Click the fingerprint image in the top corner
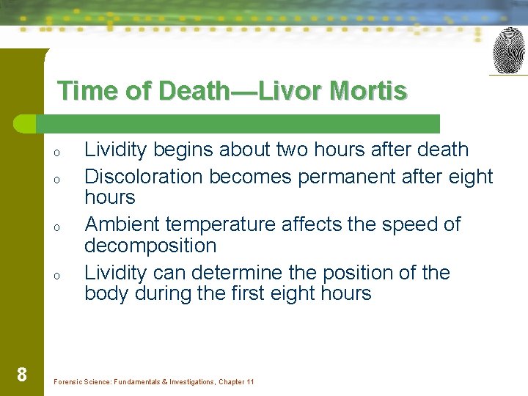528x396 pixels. pos(509,51)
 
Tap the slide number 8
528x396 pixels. pos(22,375)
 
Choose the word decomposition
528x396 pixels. pos(150,246)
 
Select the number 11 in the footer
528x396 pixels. pos(250,382)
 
